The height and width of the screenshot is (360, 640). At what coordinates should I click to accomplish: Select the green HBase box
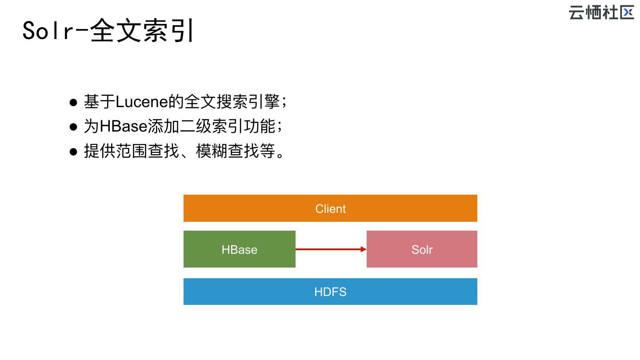tap(239, 249)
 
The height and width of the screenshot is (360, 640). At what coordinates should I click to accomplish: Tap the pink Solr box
tap(422, 249)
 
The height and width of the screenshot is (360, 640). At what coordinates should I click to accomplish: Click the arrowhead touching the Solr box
tap(364, 249)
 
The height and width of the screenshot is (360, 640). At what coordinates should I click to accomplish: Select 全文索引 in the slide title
tap(142, 31)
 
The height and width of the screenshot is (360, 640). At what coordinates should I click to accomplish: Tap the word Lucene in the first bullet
tap(142, 102)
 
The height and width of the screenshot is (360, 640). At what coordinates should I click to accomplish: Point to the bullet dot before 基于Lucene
tap(74, 103)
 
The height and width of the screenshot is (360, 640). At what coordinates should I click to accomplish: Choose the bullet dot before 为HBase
tap(74, 127)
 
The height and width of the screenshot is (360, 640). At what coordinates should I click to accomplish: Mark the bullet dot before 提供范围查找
tap(74, 152)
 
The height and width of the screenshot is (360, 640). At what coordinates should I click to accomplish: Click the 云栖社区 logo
tap(601, 12)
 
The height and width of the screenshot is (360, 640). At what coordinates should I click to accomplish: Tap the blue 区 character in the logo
tap(627, 12)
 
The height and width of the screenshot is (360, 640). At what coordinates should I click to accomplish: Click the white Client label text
tap(330, 208)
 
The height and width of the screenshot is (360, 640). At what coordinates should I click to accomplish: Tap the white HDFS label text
tap(330, 292)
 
